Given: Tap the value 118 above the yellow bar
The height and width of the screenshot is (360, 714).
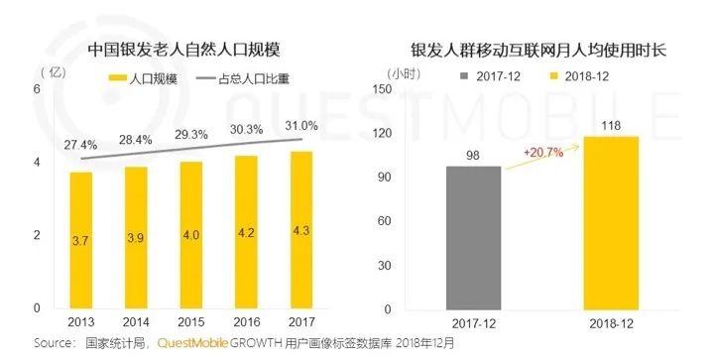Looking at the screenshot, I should (x=611, y=124).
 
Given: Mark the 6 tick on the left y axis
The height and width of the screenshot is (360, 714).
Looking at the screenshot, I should (x=37, y=89).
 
